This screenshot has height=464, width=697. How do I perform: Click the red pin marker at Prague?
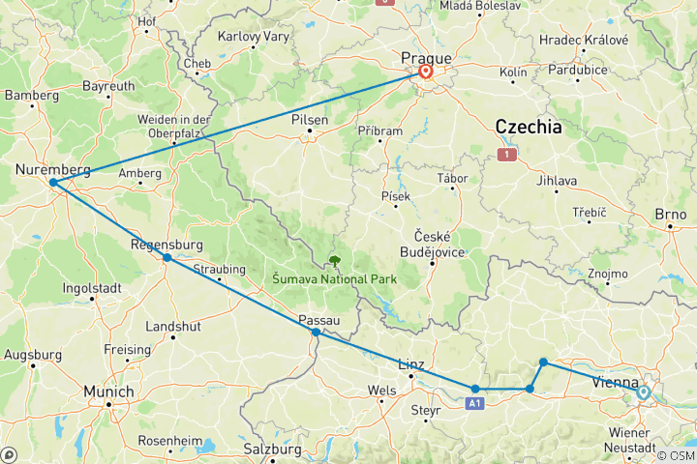click(425, 71)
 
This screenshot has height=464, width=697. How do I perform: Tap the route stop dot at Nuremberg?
click(52, 182)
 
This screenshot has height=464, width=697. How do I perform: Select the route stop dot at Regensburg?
click(167, 257)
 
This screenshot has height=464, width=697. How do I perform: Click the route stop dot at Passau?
click(317, 332)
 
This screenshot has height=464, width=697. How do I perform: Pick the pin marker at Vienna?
click(643, 392)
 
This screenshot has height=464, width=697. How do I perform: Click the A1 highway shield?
click(474, 402)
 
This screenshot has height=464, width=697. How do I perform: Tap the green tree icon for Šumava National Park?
click(334, 260)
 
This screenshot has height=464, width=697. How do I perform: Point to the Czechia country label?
click(529, 127)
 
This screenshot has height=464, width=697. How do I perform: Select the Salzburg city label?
click(273, 449)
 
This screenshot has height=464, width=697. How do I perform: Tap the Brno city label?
click(670, 215)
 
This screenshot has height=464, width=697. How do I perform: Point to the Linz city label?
click(411, 364)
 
